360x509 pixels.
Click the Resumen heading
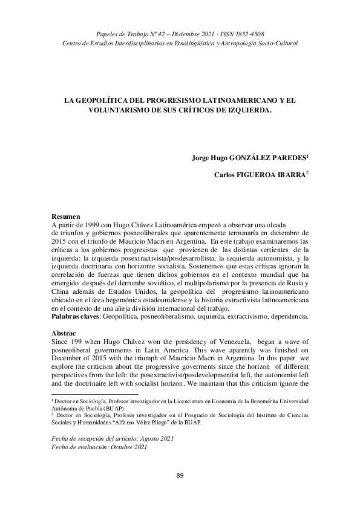click(x=65, y=216)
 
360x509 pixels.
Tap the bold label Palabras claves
click(x=75, y=316)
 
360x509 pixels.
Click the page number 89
click(x=180, y=476)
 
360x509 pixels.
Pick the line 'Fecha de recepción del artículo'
click(x=112, y=438)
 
